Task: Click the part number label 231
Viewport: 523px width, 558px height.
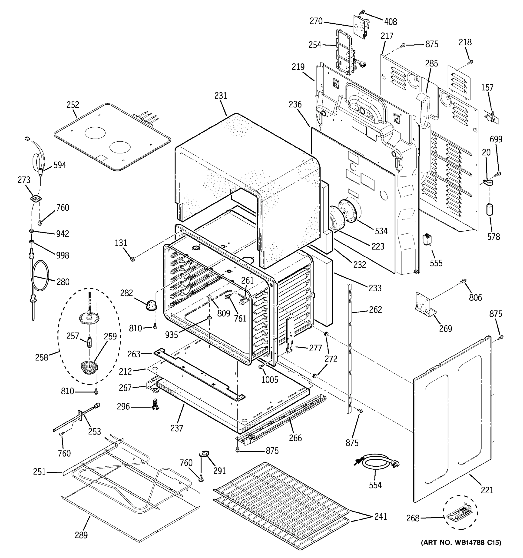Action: pyautogui.click(x=221, y=96)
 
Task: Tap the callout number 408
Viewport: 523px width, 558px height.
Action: pyautogui.click(x=391, y=22)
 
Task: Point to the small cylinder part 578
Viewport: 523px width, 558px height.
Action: pyautogui.click(x=490, y=210)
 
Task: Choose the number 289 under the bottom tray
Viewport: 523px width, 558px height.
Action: pyautogui.click(x=81, y=535)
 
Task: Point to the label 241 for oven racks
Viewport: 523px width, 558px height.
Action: pyautogui.click(x=380, y=516)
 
